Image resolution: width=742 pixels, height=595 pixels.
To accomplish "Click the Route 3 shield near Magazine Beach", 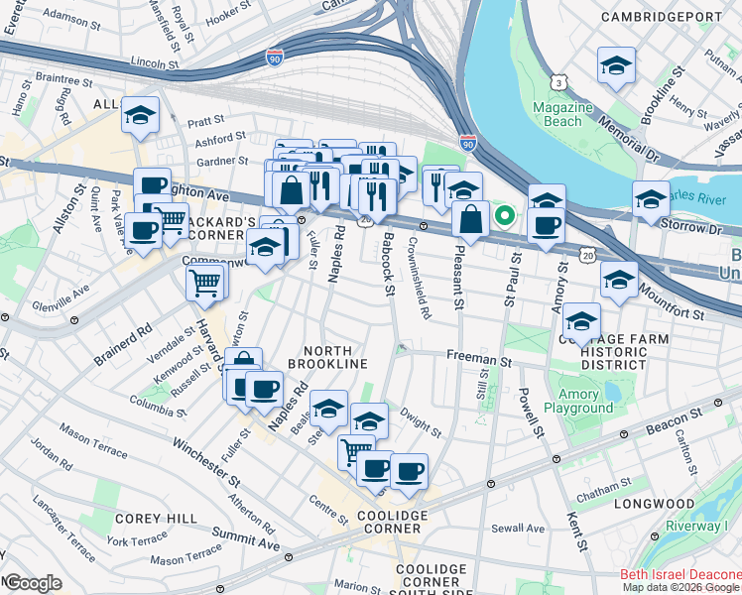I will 560,81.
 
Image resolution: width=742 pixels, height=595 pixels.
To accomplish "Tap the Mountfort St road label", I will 672,302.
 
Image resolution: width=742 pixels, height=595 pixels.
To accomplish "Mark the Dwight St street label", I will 422,422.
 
